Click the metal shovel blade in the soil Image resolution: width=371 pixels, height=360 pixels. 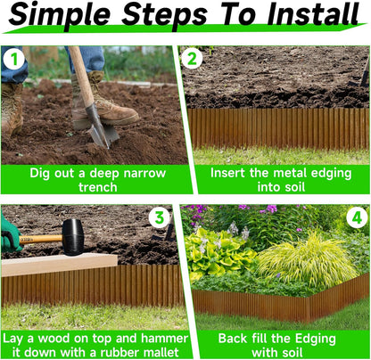[102, 133]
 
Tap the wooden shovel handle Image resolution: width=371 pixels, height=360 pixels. [82, 80]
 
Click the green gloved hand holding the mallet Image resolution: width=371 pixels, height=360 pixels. [10, 234]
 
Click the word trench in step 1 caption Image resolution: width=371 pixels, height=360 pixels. [95, 185]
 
